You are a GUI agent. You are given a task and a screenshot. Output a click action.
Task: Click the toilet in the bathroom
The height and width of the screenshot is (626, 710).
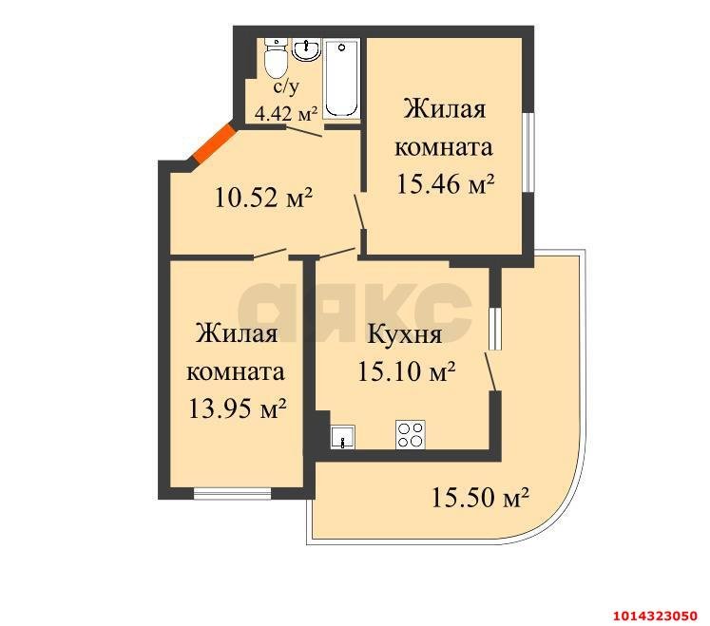276,61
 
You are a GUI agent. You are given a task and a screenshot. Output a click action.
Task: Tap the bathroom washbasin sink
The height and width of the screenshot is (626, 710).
306,48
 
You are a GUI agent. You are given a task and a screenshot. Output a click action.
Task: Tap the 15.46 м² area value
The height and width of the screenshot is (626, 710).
445,184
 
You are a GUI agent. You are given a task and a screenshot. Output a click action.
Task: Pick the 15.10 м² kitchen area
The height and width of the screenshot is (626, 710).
406,370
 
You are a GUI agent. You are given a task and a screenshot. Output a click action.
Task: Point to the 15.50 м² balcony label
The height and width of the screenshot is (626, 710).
480,495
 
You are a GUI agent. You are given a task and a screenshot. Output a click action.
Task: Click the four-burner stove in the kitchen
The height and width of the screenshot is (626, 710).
411,435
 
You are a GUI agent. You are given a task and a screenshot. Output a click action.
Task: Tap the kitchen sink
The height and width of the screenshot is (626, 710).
342,437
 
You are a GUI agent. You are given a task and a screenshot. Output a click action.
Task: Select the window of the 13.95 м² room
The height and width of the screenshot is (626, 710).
231,492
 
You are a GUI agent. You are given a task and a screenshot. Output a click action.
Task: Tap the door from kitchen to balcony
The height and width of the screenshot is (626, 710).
490,370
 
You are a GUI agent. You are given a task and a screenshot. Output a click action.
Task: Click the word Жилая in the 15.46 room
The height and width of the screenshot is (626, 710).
445,108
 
